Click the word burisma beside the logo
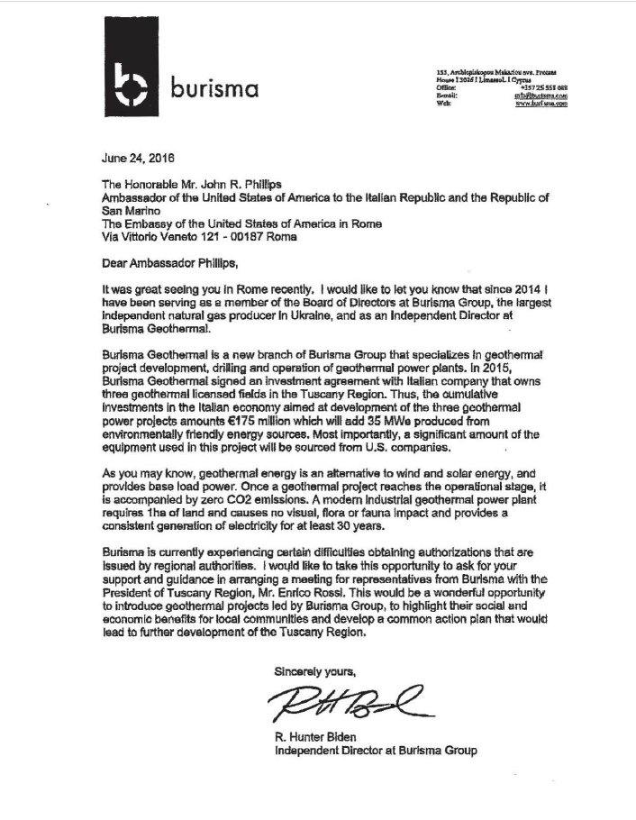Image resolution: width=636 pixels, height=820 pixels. tap(214, 89)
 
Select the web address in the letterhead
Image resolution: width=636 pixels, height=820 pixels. tap(541, 104)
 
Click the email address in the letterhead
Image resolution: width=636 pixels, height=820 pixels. tap(541, 95)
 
